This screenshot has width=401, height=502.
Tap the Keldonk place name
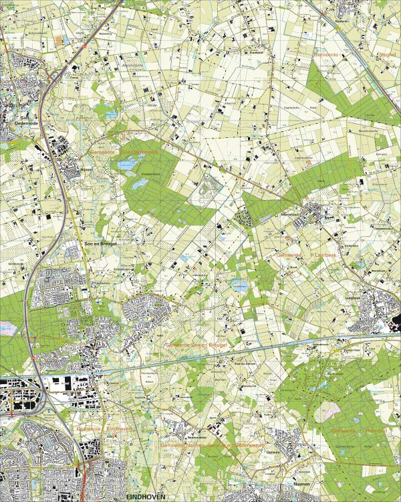pyautogui.click(x=342, y=20)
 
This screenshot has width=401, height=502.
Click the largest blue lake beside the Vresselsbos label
pyautogui.click(x=127, y=163)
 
